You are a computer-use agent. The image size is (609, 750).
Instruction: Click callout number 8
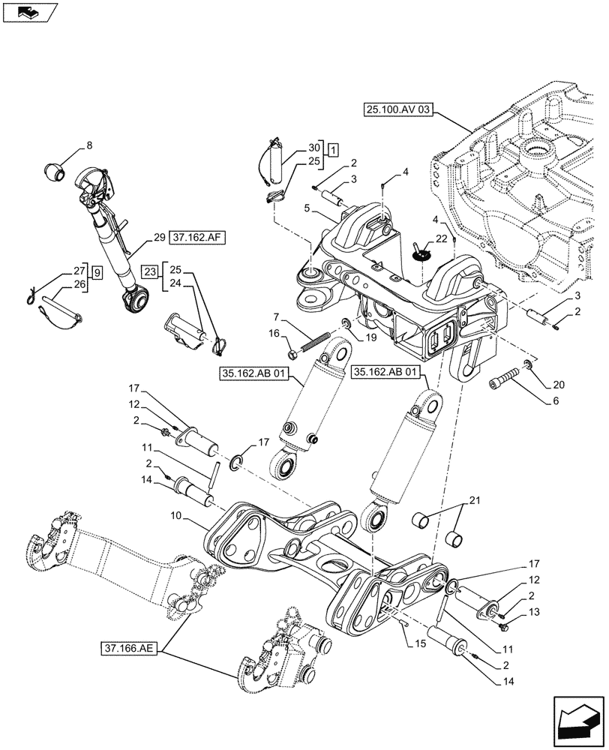tap(89, 145)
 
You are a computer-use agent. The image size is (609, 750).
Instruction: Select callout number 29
tap(159, 238)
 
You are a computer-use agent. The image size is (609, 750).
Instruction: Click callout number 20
tap(558, 384)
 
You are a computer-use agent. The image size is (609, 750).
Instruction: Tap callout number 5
tap(307, 206)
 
